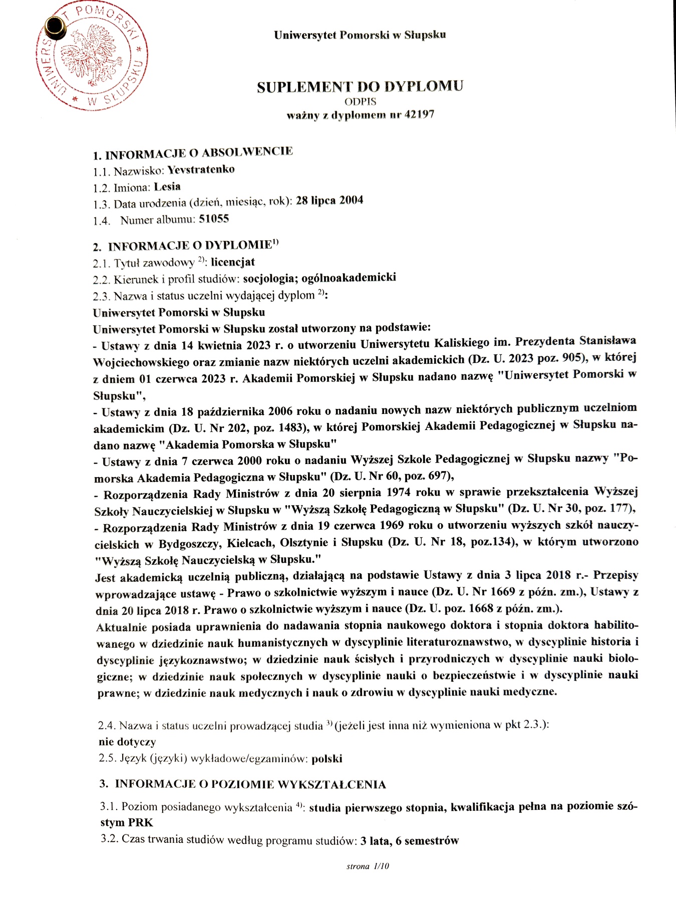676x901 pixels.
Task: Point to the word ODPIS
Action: pos(361,102)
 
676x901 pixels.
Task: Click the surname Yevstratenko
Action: pos(201,169)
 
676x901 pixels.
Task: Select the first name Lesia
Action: pos(167,187)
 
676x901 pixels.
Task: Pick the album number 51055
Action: pos(214,218)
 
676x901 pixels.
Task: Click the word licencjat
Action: pos(233,262)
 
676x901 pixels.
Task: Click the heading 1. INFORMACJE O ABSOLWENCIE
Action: pos(193,152)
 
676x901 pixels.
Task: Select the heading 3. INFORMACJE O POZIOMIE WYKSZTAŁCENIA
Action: pos(243,784)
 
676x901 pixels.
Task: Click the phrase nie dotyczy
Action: pos(127,741)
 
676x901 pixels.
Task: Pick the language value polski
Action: pos(326,758)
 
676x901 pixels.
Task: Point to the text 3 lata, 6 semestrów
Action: pos(409,840)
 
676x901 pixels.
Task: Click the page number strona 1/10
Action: pos(368,866)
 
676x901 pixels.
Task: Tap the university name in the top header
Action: pos(360,35)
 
